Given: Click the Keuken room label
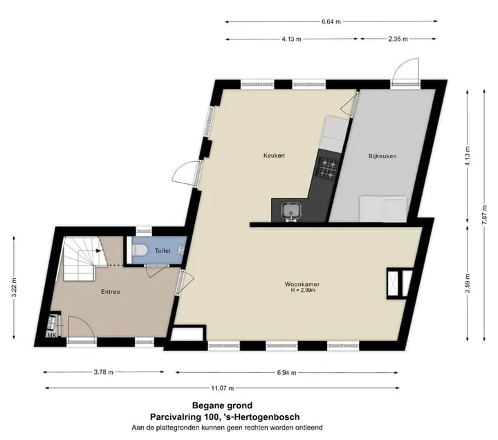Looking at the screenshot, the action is click(274, 156).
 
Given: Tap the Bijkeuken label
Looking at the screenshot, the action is click(382, 156).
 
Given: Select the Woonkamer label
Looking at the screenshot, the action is click(302, 284).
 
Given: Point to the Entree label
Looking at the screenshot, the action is click(111, 292).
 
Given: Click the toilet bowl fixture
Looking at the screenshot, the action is click(140, 250).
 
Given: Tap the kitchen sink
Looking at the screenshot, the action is click(290, 211).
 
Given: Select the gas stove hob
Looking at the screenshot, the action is click(328, 167).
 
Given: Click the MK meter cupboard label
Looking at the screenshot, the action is click(52, 335).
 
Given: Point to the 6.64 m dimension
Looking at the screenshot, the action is click(331, 21).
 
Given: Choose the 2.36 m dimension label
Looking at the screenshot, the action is click(398, 39).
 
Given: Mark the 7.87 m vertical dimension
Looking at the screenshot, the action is click(484, 215).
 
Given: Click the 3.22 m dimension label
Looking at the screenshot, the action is click(14, 288).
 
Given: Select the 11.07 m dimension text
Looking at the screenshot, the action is click(222, 388).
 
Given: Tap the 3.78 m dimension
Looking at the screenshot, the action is click(104, 372).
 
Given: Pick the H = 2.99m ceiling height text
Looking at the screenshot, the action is click(303, 291).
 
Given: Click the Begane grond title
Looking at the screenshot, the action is click(222, 405).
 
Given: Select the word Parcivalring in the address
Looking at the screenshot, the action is click(176, 416).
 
